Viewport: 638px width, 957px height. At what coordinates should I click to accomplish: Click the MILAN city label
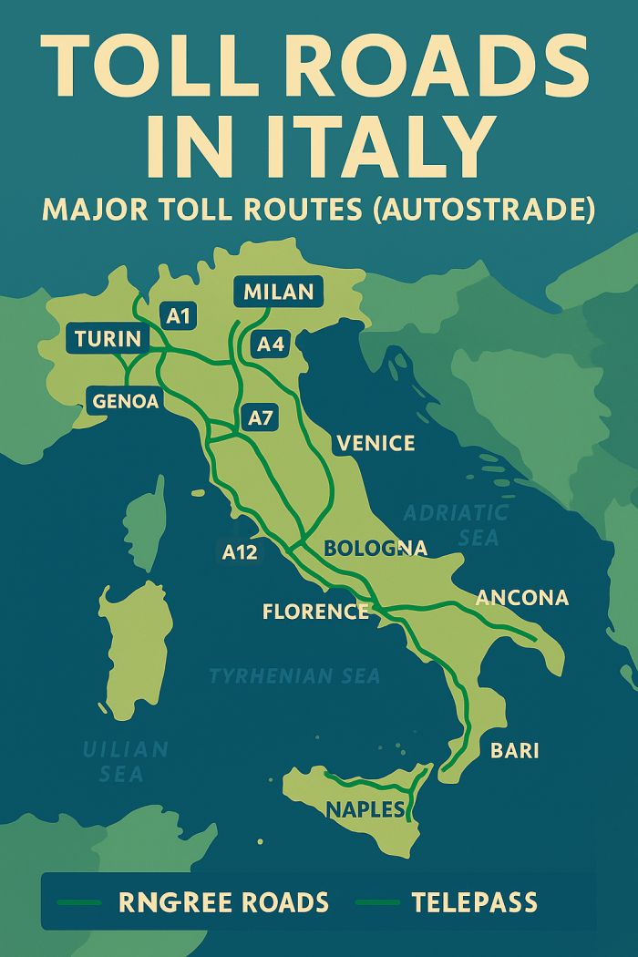279,292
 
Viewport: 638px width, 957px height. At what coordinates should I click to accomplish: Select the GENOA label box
126,400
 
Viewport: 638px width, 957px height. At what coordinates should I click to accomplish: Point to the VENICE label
376,444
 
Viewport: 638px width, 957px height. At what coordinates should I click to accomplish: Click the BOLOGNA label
376,549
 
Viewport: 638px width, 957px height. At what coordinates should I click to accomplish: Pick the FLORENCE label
315,612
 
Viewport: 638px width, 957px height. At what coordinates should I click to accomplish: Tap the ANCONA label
522,598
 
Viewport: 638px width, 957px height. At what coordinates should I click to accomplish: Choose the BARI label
515,751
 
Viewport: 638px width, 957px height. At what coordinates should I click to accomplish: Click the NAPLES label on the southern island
365,809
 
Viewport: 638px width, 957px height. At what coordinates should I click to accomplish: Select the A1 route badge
179,316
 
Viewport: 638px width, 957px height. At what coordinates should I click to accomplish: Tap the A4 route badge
271,345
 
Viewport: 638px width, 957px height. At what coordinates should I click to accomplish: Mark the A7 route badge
261,419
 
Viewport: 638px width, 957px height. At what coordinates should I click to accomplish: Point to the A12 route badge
240,551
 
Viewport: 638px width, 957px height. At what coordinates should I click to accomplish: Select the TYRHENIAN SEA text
294,676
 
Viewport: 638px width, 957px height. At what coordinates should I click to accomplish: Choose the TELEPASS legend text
474,903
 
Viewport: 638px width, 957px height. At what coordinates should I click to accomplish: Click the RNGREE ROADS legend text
223,903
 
